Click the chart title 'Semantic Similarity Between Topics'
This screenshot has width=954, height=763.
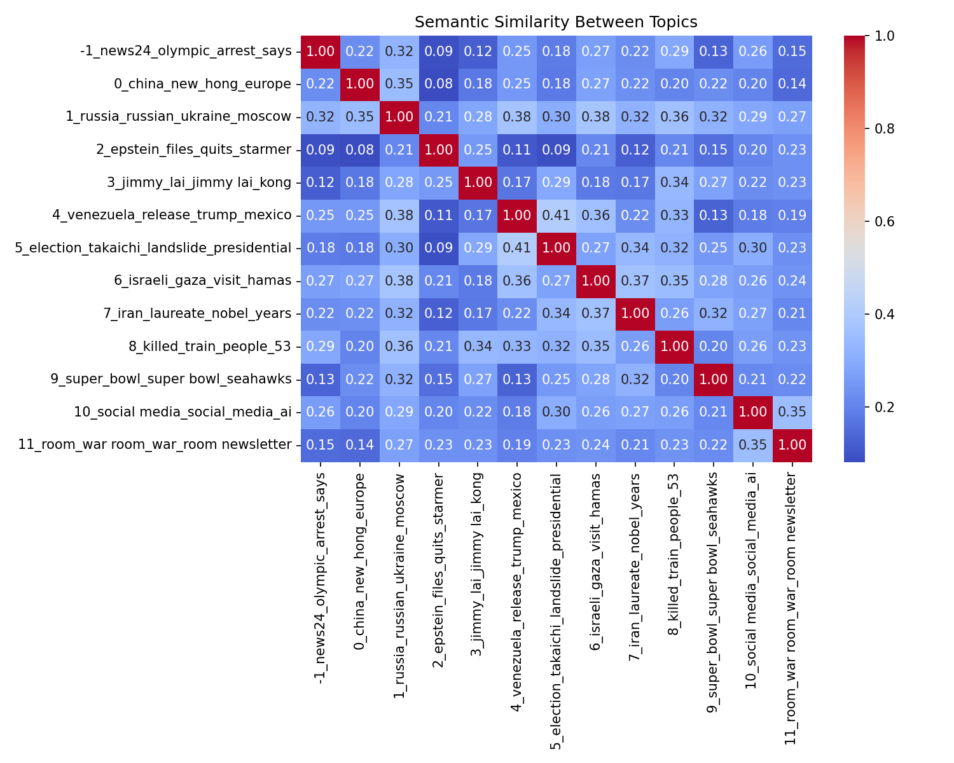[556, 22]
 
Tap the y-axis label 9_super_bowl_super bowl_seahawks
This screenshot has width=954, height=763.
[171, 380]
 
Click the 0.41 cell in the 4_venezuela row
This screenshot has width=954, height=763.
[556, 215]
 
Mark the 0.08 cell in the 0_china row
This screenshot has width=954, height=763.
[438, 84]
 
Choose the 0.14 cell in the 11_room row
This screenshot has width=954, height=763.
[360, 445]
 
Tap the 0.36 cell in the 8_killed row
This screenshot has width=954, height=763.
[399, 347]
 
